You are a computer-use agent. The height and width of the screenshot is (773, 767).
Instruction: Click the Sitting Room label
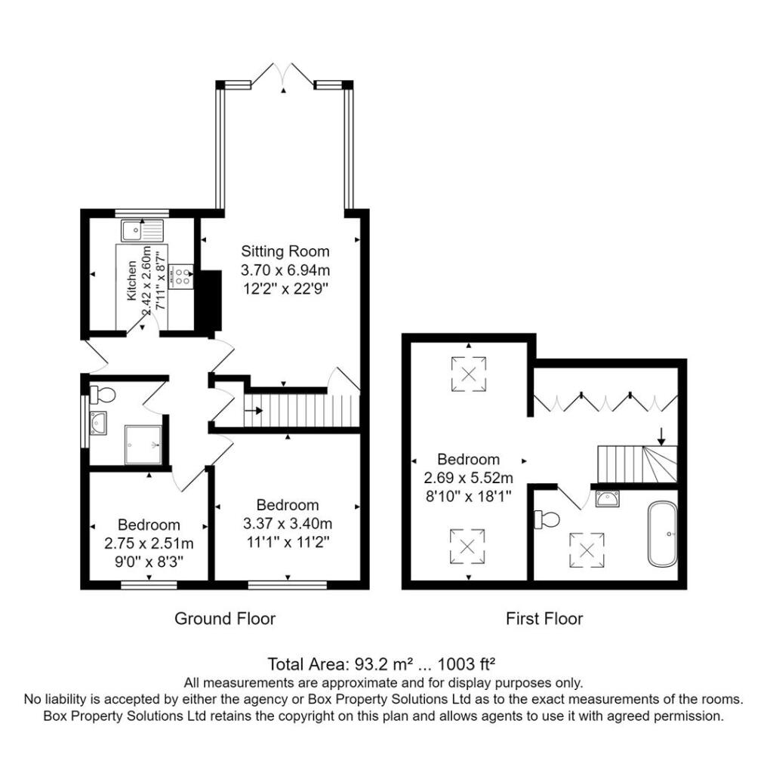[x=285, y=251]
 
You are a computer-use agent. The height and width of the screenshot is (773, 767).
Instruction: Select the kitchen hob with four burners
[x=182, y=276]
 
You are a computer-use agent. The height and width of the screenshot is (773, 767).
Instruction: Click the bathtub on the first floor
[x=663, y=534]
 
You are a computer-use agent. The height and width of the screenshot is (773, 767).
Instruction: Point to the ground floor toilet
[x=102, y=394]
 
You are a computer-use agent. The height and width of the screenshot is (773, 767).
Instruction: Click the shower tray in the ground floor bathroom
[x=143, y=443]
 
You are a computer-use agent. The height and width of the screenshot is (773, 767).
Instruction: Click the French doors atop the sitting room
[x=284, y=75]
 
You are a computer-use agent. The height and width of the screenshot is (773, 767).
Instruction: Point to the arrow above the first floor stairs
[x=661, y=436]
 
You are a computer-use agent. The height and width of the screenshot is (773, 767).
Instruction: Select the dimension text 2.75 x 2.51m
[x=149, y=544]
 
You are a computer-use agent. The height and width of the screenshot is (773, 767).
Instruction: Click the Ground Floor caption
[x=225, y=619]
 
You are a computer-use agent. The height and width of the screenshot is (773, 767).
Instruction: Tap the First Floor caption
[x=544, y=619]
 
